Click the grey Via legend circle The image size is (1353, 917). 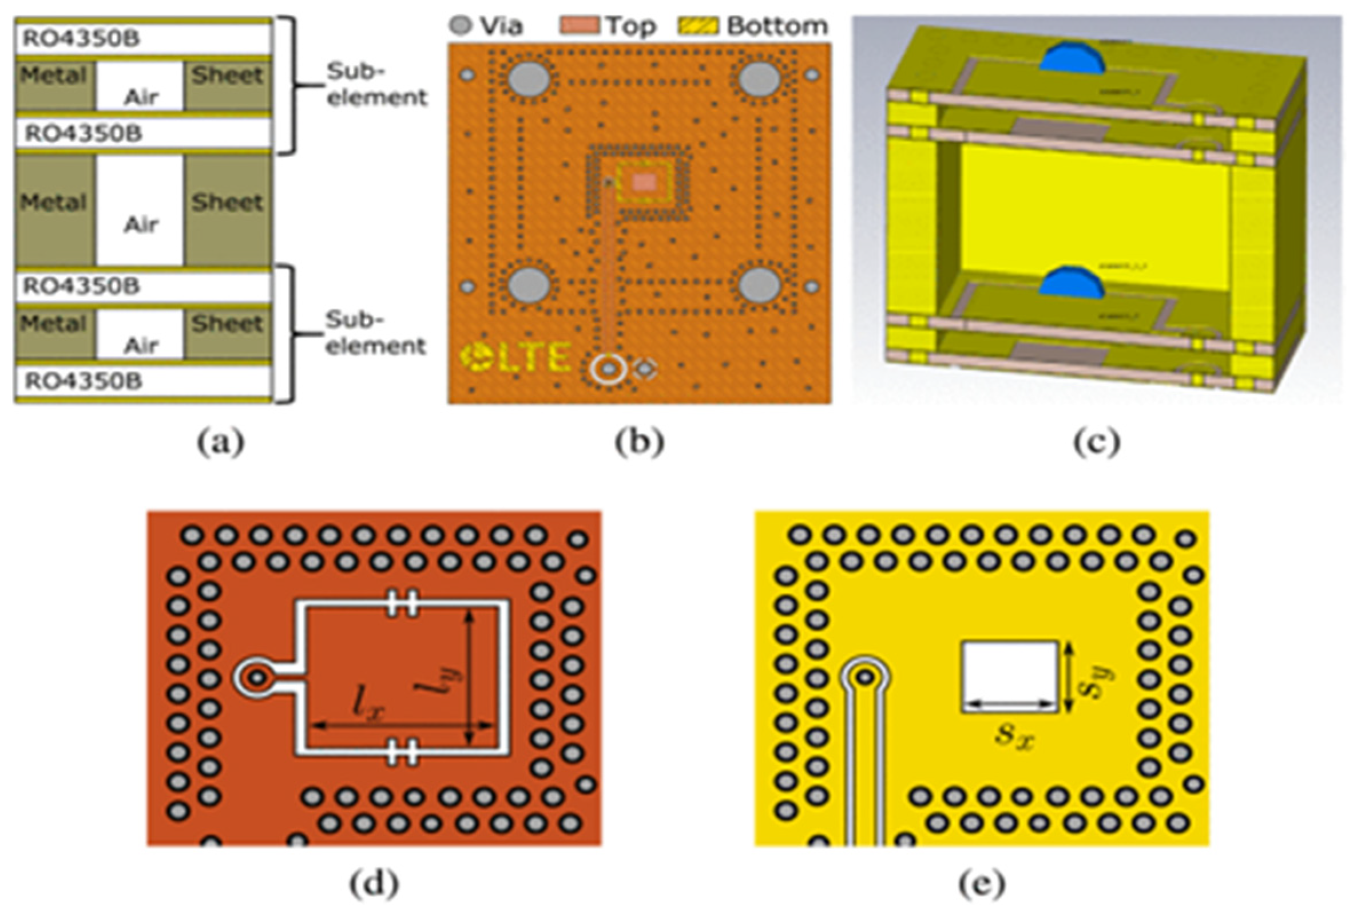[461, 26]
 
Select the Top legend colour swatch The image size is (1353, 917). [580, 26]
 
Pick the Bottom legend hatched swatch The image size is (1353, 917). [699, 26]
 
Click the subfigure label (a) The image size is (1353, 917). [221, 442]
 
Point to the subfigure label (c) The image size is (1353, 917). [1097, 442]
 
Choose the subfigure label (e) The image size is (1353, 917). [982, 884]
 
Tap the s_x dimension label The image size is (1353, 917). [1014, 735]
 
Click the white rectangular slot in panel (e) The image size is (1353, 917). [1010, 676]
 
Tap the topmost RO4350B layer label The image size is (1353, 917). [81, 38]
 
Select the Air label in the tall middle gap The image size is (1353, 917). [141, 224]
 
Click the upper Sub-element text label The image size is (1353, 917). [376, 85]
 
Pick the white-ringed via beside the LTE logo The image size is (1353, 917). [609, 369]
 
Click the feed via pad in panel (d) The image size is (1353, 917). [255, 678]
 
